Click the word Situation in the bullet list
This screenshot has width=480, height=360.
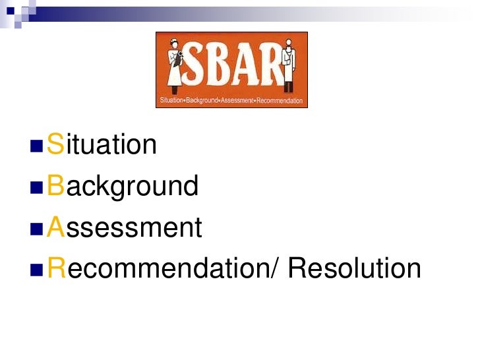pos(102,144)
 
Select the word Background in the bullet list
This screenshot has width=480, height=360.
pos(123,186)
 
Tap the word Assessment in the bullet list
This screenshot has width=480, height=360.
pos(125,227)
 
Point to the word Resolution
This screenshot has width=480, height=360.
pos(355,268)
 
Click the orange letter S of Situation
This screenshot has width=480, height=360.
pos(55,144)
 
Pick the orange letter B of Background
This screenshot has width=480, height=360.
pos(55,186)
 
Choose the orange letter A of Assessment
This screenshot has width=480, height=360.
pos(55,227)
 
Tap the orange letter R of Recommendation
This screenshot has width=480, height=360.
pos(56,268)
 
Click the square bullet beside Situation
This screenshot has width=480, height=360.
pos(36,145)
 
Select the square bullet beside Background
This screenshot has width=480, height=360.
pos(36,187)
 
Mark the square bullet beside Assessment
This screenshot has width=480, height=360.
pos(36,228)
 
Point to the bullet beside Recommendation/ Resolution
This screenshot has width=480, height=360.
pos(36,269)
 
